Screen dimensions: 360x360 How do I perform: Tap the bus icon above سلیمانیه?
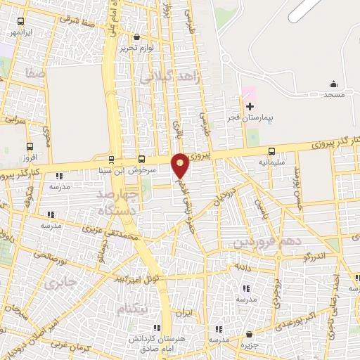(x=271, y=150)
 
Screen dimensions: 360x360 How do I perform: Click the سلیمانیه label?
(x=271, y=162)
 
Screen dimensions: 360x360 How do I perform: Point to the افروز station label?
(x=29, y=158)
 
